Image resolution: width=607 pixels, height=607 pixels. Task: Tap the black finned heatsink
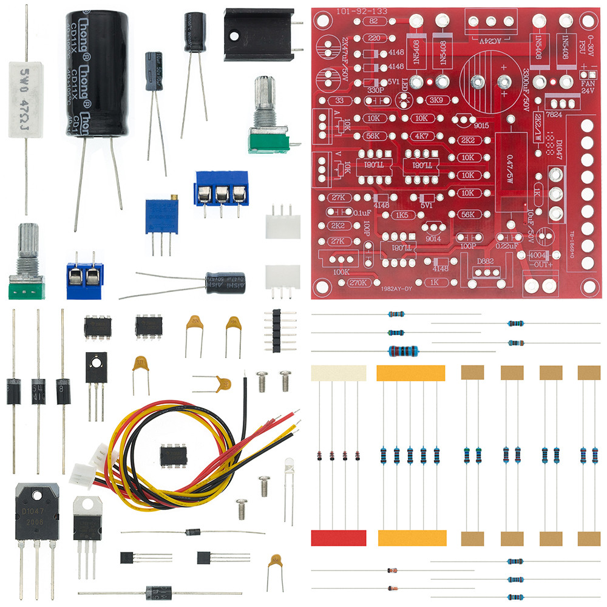257,34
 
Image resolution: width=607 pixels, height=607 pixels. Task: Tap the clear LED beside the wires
290,470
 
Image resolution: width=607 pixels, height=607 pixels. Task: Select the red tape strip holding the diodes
339,538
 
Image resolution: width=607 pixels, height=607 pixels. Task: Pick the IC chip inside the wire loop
174,455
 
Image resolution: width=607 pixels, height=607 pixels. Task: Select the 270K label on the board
360,282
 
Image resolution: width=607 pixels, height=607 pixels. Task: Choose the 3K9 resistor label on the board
435,100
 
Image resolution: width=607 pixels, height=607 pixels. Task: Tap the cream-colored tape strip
339,373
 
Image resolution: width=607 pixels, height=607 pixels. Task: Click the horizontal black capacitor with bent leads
225,283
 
